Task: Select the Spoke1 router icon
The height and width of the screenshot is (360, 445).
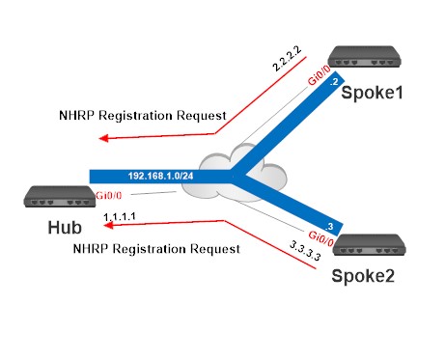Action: (x=364, y=58)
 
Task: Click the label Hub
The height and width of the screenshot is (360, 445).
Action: (x=59, y=229)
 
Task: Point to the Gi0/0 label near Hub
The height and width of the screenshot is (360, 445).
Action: (x=108, y=196)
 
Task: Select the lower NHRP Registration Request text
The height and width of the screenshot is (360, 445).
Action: (x=156, y=249)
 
